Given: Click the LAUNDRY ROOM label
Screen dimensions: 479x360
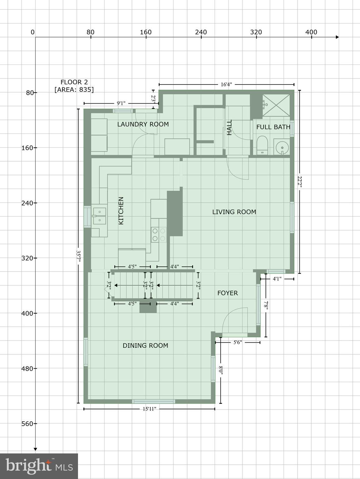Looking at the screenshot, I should pyautogui.click(x=143, y=124).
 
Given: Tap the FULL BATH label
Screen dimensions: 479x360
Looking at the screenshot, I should pyautogui.click(x=273, y=127).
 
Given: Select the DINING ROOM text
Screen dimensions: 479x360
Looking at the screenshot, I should pyautogui.click(x=145, y=346).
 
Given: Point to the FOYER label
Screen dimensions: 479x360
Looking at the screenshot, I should pyautogui.click(x=227, y=293).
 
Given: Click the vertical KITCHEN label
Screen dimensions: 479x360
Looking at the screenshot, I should pyautogui.click(x=121, y=210).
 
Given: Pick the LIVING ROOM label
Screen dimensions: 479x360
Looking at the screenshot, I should pyautogui.click(x=234, y=212).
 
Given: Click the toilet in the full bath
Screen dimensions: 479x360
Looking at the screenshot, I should pyautogui.click(x=262, y=145).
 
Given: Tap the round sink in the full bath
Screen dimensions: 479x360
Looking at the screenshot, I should pyautogui.click(x=282, y=147).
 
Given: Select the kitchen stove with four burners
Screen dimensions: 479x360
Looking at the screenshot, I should pyautogui.click(x=158, y=235).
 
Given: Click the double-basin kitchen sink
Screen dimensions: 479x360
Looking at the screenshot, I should pyautogui.click(x=99, y=216).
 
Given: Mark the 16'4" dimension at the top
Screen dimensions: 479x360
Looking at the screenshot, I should pyautogui.click(x=226, y=85).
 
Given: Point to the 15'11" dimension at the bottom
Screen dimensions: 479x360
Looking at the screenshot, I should pyautogui.click(x=149, y=409).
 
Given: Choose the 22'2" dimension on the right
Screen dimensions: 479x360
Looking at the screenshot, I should pyautogui.click(x=299, y=182).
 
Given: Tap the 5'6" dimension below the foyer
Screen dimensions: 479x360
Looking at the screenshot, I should pyautogui.click(x=238, y=342).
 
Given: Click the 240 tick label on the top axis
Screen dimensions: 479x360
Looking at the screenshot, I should pyautogui.click(x=201, y=32).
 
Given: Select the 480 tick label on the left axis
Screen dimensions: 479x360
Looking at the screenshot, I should pyautogui.click(x=27, y=368).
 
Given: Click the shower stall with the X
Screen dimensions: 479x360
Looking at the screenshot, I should pyautogui.click(x=276, y=105).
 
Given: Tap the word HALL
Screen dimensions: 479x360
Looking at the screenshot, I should pyautogui.click(x=230, y=127).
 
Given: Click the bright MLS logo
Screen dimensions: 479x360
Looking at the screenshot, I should pyautogui.click(x=39, y=466).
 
